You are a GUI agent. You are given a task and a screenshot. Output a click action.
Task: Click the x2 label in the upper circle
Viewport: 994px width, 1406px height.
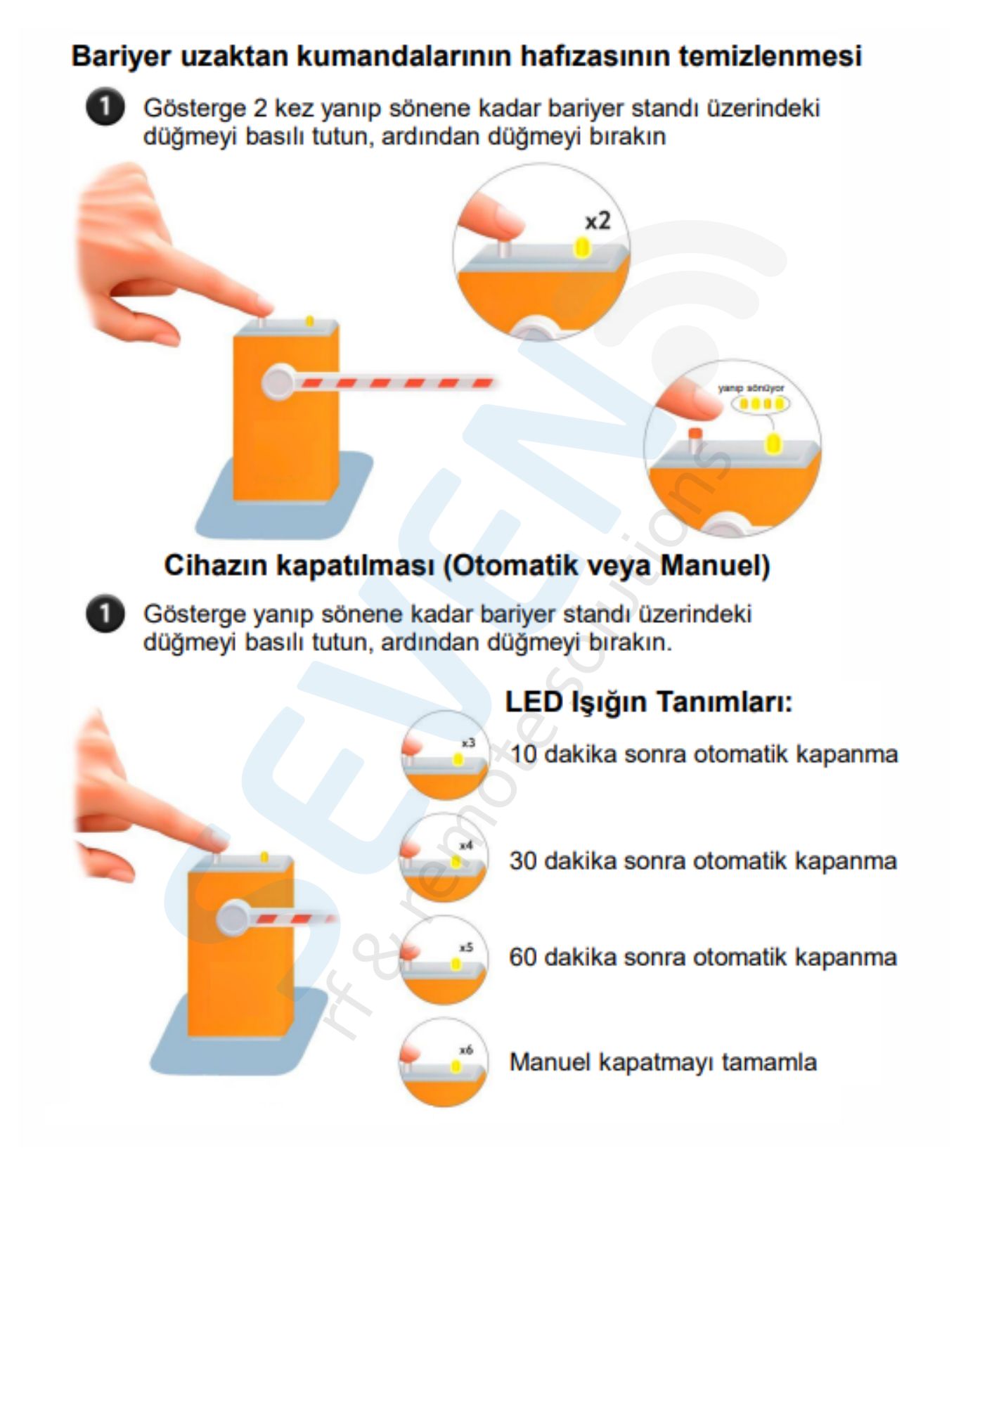point(598,221)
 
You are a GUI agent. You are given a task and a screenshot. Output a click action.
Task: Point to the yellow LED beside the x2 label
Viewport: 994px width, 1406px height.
point(582,247)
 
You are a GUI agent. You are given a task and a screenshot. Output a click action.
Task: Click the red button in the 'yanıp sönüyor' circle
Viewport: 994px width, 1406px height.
point(695,435)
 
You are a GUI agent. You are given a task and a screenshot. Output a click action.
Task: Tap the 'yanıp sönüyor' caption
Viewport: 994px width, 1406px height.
point(751,388)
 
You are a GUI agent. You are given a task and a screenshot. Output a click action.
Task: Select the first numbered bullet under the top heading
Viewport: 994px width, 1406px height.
point(105,108)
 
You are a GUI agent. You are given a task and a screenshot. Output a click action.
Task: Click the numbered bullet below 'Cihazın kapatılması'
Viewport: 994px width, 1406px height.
point(105,614)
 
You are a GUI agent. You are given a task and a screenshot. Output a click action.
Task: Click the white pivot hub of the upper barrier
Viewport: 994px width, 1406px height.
point(278,382)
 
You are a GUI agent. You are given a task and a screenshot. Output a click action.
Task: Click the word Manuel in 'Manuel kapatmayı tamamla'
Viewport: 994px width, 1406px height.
point(550,1062)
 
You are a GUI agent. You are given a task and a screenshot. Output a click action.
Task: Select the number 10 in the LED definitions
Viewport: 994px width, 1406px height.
point(524,754)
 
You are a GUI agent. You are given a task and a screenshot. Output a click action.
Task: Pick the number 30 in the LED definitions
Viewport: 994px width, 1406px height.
point(524,861)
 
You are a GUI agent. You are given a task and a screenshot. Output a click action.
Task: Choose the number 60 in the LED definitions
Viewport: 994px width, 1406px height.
point(524,957)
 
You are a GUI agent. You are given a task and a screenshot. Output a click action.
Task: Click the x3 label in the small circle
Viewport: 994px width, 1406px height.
point(468,743)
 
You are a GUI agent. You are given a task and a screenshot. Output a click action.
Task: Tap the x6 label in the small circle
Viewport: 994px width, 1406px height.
point(466,1050)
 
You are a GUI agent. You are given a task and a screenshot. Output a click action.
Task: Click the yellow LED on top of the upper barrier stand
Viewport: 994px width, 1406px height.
point(309,321)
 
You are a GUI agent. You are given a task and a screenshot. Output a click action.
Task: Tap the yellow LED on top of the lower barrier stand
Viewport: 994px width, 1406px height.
point(264,857)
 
